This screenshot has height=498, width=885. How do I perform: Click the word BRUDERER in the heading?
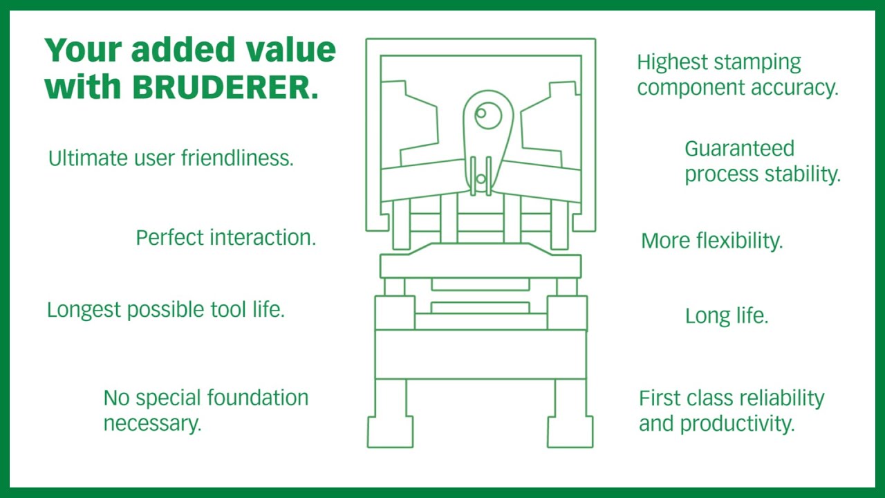[x=225, y=86]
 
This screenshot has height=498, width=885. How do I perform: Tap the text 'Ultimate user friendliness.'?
[x=171, y=158]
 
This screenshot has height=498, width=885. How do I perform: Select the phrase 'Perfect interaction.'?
[x=225, y=237]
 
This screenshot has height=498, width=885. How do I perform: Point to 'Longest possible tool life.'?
[x=166, y=309]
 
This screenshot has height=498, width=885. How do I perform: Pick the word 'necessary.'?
[x=152, y=423]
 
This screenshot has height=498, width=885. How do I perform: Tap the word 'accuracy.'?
[x=796, y=88]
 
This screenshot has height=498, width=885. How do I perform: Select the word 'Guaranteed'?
[x=739, y=149]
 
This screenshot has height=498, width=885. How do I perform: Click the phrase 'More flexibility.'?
[x=712, y=241]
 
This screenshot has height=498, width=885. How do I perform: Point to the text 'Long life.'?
[x=727, y=316]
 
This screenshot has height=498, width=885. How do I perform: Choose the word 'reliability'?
[x=781, y=398]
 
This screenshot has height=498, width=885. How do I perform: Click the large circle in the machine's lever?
[x=488, y=116]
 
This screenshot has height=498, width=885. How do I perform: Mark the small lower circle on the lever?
[x=481, y=180]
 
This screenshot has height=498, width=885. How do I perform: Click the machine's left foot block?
[x=390, y=432]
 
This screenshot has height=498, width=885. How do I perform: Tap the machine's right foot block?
[x=570, y=432]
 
